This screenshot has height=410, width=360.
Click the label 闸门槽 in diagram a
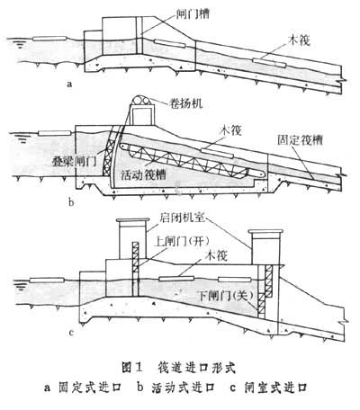point(193,13)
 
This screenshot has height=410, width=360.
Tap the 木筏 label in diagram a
point(299,40)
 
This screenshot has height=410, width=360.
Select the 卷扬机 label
point(185,103)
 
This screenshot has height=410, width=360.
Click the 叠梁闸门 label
point(74,162)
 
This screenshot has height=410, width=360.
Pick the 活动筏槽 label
point(143,174)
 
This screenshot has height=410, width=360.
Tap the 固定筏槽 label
point(300,140)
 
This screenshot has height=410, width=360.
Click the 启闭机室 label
point(183,218)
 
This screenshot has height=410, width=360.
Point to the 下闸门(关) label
point(226,296)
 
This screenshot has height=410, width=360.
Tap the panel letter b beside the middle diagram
point(71,202)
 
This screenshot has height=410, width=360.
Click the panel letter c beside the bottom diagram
point(71,333)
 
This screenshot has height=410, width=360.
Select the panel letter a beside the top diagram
point(69,84)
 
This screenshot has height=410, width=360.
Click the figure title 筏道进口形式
point(196,368)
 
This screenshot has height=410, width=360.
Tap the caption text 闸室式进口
point(275,388)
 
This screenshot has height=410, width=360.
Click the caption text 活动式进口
point(183,388)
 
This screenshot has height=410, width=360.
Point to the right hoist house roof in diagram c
point(265,232)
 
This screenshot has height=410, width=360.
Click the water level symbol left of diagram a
point(19,44)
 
